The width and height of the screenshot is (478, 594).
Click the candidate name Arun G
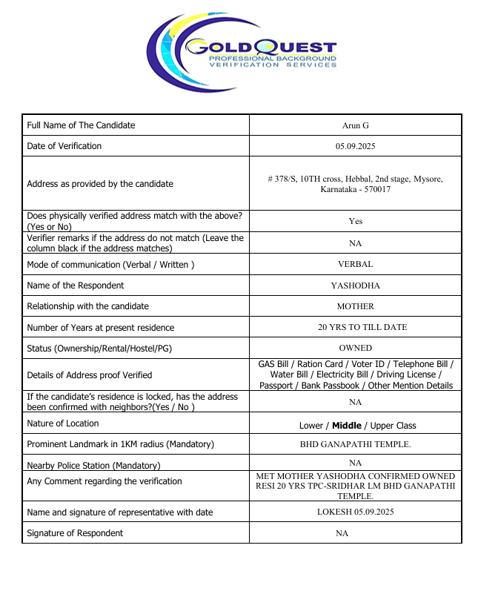coord(355,125)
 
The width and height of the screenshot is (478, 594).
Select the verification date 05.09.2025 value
coord(355,146)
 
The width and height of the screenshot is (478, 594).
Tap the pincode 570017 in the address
coord(376,190)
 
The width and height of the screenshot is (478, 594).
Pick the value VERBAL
coord(355,264)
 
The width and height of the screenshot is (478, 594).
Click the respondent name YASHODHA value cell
coord(355,286)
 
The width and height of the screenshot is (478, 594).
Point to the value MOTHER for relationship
coord(355,306)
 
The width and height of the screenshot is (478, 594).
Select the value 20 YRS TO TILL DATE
coord(355,327)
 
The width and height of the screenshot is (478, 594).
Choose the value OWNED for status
coord(355,348)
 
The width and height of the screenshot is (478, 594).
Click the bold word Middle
coord(347,426)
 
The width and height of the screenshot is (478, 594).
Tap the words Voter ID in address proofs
coord(368,365)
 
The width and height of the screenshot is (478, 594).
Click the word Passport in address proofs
coord(276,386)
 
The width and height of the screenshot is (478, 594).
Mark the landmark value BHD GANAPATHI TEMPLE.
coord(355,445)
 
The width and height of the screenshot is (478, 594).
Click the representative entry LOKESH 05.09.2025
coord(355,512)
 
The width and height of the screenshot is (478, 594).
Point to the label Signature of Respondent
coord(75,533)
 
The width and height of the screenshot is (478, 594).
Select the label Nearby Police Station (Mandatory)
coord(93,466)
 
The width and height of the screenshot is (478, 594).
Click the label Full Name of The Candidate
coord(81,125)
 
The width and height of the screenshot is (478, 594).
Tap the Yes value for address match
coord(355,221)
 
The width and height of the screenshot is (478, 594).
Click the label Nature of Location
coord(63,423)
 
